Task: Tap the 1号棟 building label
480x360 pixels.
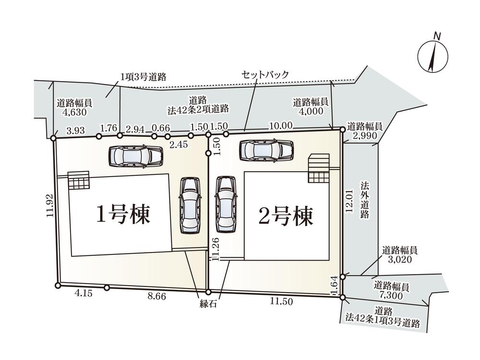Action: pyautogui.click(x=123, y=215)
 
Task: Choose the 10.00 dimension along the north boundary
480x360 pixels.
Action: pyautogui.click(x=281, y=125)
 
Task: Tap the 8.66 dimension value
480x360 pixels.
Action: pyautogui.click(x=156, y=297)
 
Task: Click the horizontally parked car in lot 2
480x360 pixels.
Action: pyautogui.click(x=266, y=150)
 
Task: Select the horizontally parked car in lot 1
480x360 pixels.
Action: pyautogui.click(x=135, y=155)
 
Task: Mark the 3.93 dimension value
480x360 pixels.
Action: pyautogui.click(x=76, y=130)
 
